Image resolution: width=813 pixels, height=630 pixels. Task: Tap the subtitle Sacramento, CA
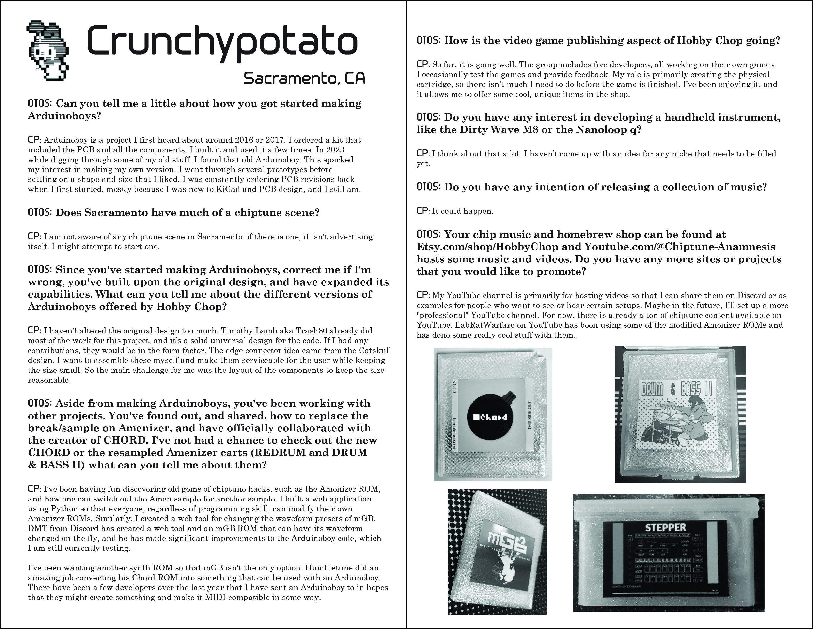tap(304, 79)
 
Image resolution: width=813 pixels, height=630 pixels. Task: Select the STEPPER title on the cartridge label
tap(666, 527)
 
